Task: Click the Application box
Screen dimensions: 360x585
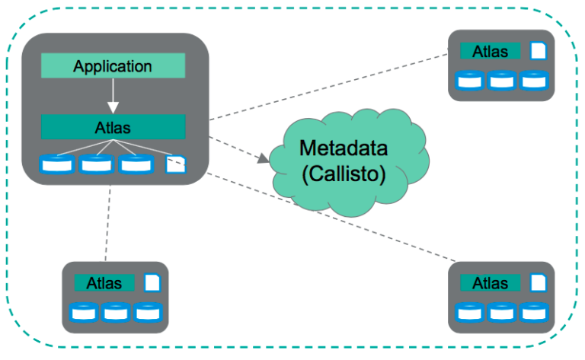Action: (113, 66)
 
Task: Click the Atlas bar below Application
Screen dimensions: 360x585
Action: (113, 126)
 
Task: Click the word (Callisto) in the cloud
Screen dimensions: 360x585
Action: (344, 174)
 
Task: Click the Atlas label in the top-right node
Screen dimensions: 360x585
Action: (491, 52)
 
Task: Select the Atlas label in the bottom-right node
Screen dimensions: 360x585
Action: (491, 283)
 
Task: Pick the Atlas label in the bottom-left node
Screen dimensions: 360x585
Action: (104, 283)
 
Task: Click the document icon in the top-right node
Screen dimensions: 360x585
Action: (538, 51)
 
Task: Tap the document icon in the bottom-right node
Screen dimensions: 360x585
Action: (538, 282)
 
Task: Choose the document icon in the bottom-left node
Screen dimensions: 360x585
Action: (152, 282)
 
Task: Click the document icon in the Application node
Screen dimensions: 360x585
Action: (174, 164)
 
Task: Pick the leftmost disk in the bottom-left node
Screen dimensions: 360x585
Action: (82, 311)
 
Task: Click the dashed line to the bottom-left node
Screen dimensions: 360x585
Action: (110, 225)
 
